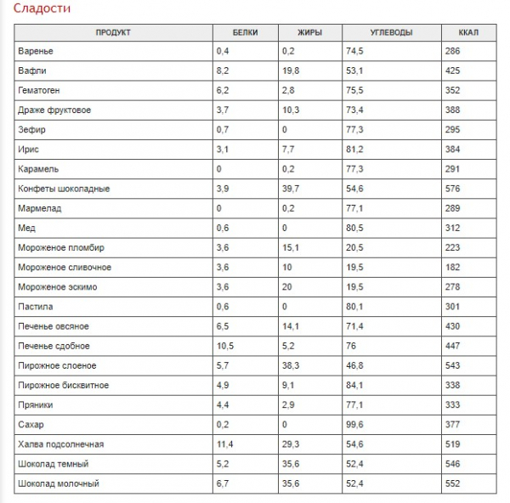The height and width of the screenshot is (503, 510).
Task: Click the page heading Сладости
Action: point(42,8)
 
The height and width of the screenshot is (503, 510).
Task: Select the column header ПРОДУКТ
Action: point(113,32)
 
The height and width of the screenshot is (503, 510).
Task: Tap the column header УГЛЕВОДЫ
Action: point(391,32)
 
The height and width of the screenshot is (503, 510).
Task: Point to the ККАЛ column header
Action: point(468,32)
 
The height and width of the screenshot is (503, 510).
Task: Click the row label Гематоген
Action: point(39,90)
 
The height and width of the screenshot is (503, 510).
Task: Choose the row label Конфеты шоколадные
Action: point(64,189)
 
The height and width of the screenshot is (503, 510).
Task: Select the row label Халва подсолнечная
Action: point(61,444)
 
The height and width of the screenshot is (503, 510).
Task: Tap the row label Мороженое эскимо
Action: point(58,287)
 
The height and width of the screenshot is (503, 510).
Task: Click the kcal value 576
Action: point(452,189)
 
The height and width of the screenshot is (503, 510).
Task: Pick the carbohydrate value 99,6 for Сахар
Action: point(354,425)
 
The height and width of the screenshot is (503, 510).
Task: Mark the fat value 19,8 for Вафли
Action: point(291,71)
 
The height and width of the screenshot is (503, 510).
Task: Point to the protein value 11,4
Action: point(224,444)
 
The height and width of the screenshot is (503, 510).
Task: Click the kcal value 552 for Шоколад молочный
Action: point(452,483)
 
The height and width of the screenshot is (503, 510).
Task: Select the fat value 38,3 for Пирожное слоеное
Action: point(291,365)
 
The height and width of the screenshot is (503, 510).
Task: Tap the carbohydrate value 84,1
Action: point(354,385)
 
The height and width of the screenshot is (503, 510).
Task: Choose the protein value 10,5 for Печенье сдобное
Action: point(225,346)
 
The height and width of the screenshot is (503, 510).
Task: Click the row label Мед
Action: point(26,228)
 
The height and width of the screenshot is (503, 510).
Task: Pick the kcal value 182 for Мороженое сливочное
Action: point(452,268)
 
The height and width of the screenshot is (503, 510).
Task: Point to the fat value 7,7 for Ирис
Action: point(288,150)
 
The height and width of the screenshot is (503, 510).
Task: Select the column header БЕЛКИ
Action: point(246,32)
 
